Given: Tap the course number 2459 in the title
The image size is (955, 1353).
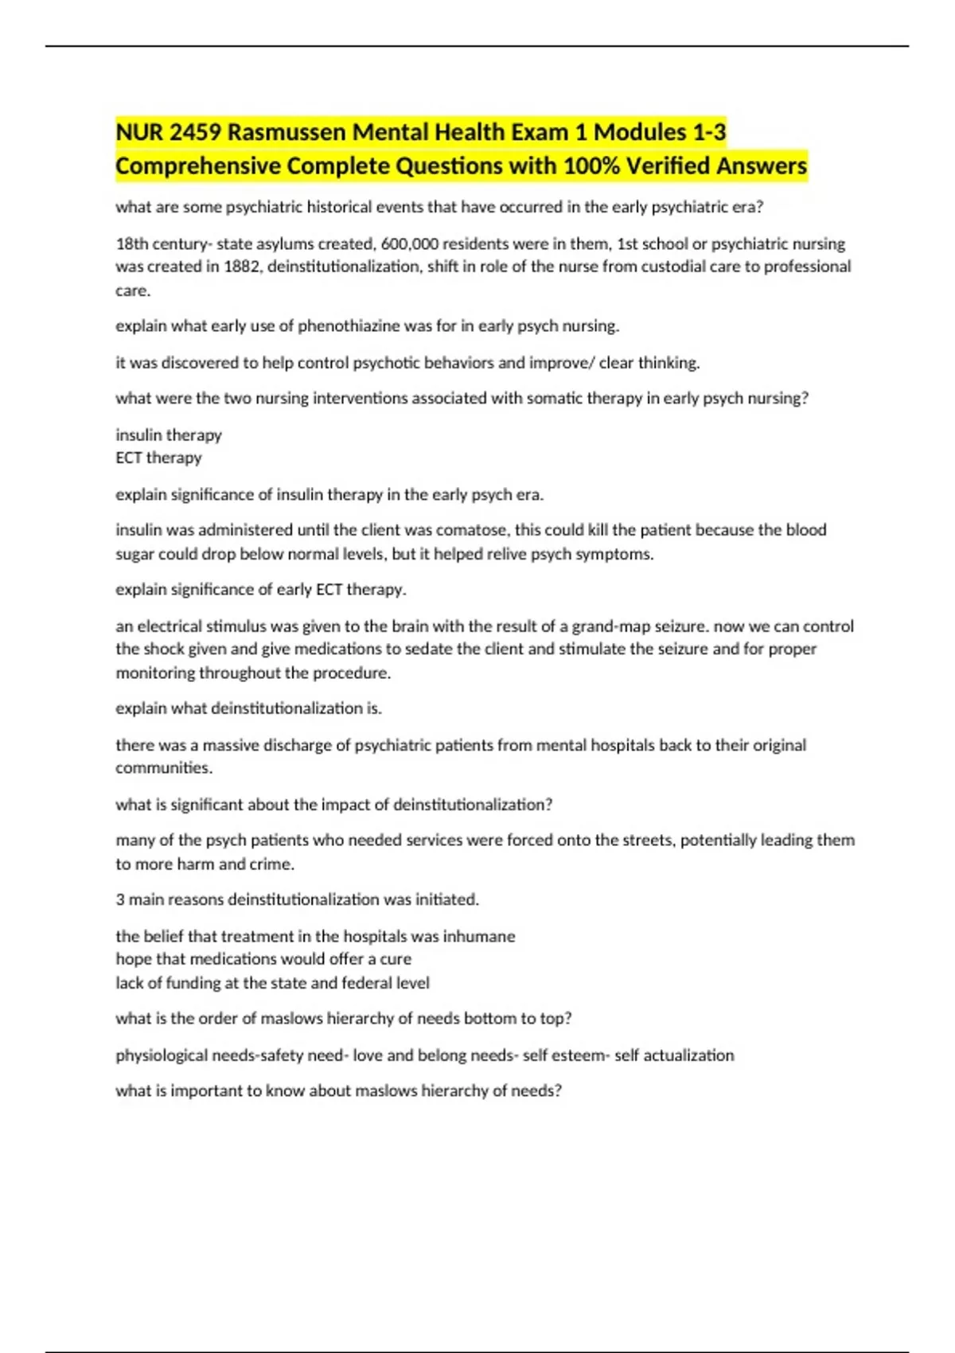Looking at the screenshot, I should (x=194, y=132).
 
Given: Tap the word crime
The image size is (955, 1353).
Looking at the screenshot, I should (x=273, y=864).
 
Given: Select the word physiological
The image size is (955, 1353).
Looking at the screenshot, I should (x=162, y=1055).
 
